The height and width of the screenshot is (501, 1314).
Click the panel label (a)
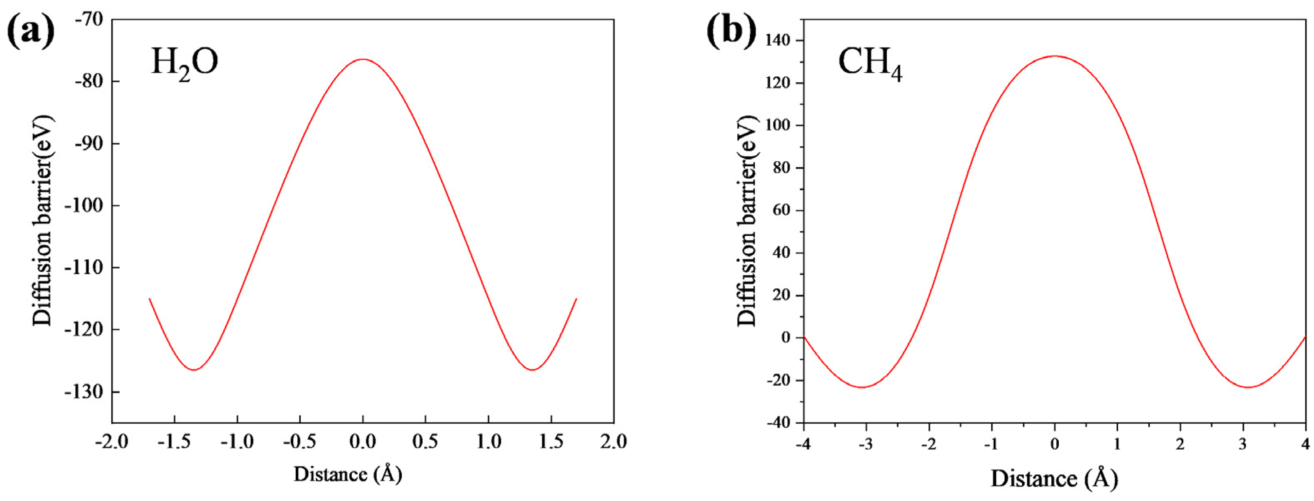click(x=30, y=32)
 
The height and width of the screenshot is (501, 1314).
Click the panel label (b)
click(x=731, y=32)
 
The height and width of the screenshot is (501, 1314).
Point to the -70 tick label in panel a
click(x=89, y=19)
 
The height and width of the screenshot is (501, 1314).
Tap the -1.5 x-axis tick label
click(x=175, y=441)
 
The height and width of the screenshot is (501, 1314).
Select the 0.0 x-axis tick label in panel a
click(x=363, y=441)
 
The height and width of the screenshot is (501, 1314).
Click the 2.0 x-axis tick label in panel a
click(x=614, y=441)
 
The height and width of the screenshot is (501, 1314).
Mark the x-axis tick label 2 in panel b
click(x=1180, y=444)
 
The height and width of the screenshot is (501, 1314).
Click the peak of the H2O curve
click(x=363, y=59)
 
